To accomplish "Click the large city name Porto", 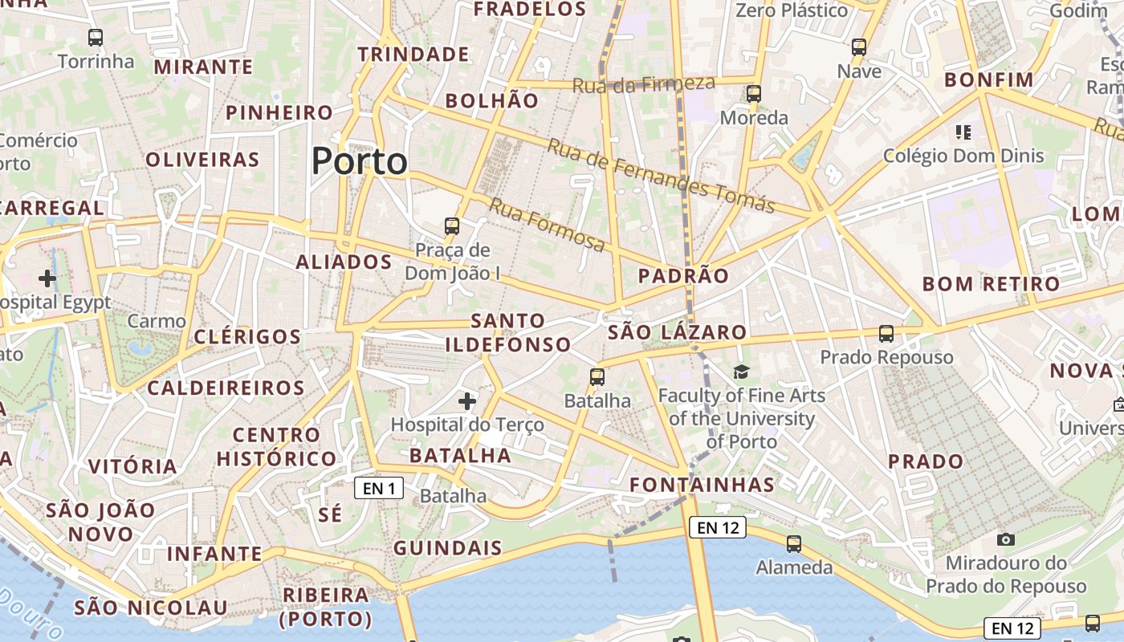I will pos(360,161).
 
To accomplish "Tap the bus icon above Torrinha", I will pos(96,37).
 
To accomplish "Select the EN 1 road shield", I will pos(379,488).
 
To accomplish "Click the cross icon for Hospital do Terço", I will pos(467,400).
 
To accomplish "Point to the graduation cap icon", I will pos(741,372).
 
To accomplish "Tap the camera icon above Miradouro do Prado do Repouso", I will pos(1005,539).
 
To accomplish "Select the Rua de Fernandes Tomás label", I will pos(661,176).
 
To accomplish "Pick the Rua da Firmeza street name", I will pos(643,83).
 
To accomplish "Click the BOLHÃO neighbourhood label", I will pos(491,100).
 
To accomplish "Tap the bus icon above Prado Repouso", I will pos(886,333).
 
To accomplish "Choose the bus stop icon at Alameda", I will pos(794,543).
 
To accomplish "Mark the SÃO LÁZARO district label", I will pos(677,332).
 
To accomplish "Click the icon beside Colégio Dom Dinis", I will pos(963,132).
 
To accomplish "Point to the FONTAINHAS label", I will pos(702,485).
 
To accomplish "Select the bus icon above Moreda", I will pos(753,94).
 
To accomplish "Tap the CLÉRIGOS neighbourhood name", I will pos(247,336).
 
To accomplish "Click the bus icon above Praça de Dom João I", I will pos(452,226).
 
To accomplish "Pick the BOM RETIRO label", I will pos(991,284).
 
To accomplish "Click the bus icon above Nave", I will pos(859,47).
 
